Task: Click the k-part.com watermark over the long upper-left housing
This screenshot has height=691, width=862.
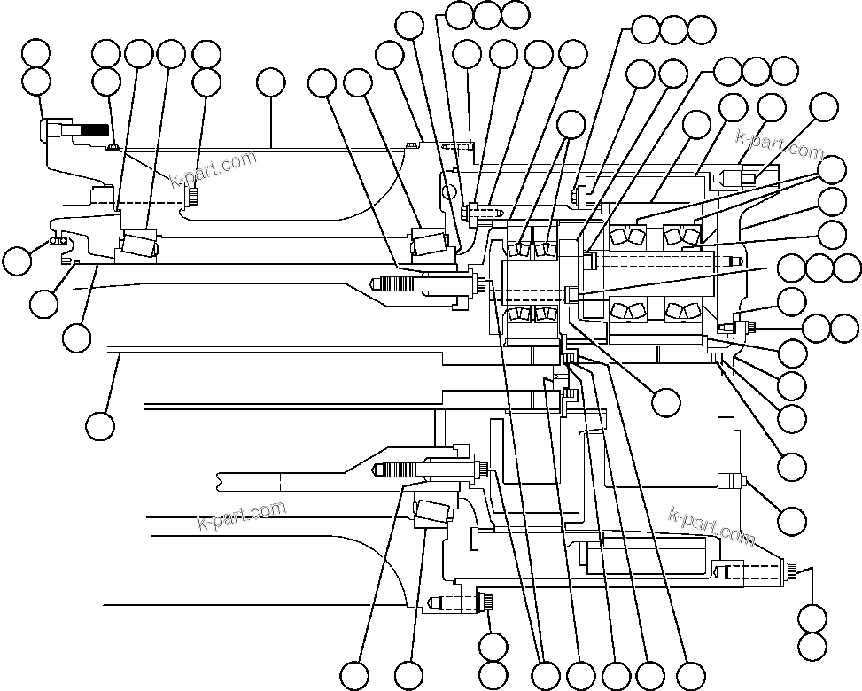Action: pos(212,171)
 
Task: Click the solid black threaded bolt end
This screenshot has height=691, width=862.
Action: pos(93,130)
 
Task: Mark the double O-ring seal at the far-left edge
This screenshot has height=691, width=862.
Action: pos(58,240)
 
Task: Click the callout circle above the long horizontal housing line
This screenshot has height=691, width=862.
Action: pos(271,82)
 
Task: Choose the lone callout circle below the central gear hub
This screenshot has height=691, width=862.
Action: pos(665,402)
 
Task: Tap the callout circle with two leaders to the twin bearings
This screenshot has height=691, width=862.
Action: pos(571,125)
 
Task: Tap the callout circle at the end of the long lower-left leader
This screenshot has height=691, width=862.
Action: pos(100,426)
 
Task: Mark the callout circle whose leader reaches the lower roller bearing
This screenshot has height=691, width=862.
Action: pos(408,674)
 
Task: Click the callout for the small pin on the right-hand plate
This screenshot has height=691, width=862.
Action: pos(791,517)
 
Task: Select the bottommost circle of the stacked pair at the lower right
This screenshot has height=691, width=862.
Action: pos(812,644)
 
